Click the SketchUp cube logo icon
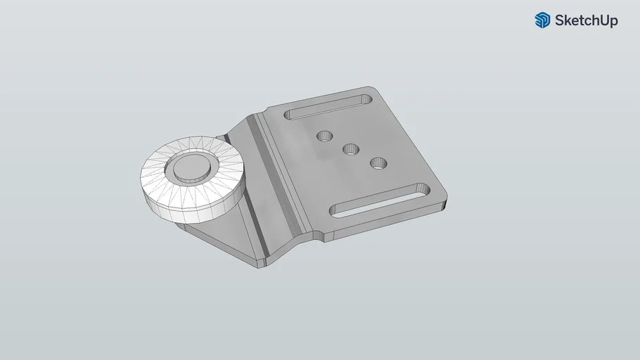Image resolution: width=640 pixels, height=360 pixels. pyautogui.click(x=542, y=20)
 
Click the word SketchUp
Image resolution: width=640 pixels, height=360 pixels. pyautogui.click(x=586, y=20)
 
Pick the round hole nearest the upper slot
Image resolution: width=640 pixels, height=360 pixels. pyautogui.click(x=324, y=135)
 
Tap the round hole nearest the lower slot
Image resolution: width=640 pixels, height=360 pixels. pyautogui.click(x=378, y=163)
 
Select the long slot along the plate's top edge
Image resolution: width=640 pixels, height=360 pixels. pyautogui.click(x=330, y=106)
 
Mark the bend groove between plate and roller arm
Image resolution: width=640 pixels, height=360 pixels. pyautogui.click(x=278, y=176)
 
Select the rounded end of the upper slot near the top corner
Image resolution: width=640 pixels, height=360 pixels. pyautogui.click(x=366, y=98)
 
